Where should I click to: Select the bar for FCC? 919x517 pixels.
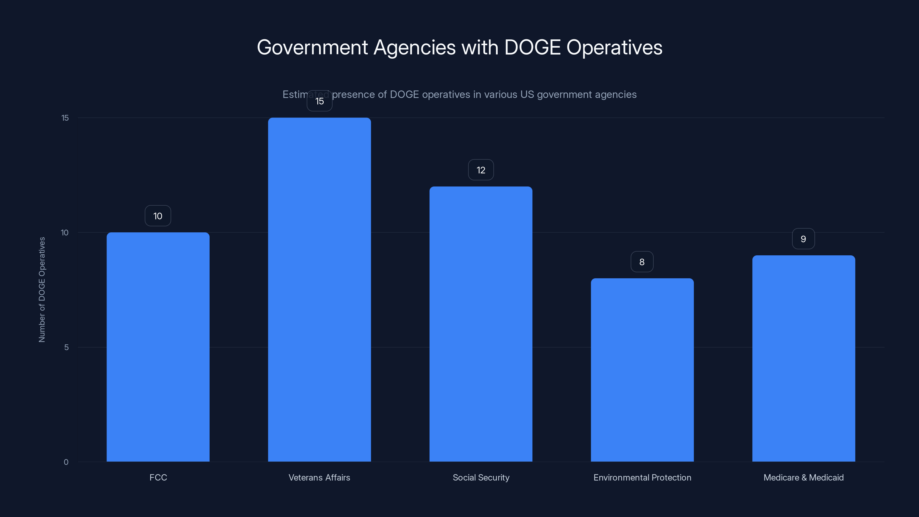pyautogui.click(x=158, y=347)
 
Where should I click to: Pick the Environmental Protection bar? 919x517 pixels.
pyautogui.click(x=642, y=370)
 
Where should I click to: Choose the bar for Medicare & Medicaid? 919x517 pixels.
pyautogui.click(x=804, y=358)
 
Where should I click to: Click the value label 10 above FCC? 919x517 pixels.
pyautogui.click(x=158, y=216)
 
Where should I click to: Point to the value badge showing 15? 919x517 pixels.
pyautogui.click(x=319, y=101)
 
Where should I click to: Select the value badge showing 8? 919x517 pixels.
pyautogui.click(x=642, y=262)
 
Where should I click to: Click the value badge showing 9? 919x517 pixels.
pyautogui.click(x=803, y=239)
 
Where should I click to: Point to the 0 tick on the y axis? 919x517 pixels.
pyautogui.click(x=66, y=462)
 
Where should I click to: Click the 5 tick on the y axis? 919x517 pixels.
pyautogui.click(x=66, y=348)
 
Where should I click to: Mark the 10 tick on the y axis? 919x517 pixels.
pyautogui.click(x=65, y=233)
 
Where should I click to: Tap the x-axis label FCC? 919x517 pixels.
pyautogui.click(x=158, y=477)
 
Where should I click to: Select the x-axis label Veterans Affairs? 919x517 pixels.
pyautogui.click(x=319, y=477)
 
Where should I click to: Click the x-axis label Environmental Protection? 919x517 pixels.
pyautogui.click(x=642, y=477)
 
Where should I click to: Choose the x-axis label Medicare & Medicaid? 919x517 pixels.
pyautogui.click(x=804, y=477)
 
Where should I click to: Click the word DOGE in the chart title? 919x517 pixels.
pyautogui.click(x=532, y=47)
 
